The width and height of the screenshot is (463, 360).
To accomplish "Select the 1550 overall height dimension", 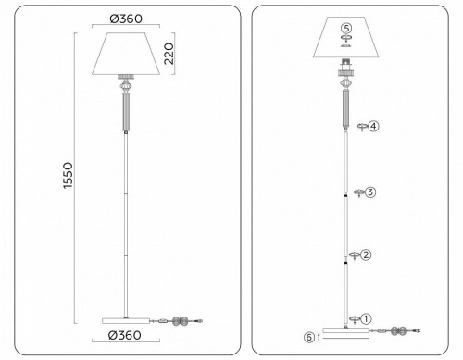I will pyautogui.click(x=70, y=178).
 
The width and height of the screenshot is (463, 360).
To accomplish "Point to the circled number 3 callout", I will pyautogui.click(x=369, y=192).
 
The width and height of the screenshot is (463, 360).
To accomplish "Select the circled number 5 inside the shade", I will pyautogui.click(x=346, y=28).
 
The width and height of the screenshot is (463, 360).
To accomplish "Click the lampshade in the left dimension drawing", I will pyautogui.click(x=126, y=52).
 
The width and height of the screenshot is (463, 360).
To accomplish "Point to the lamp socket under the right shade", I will pyautogui.click(x=346, y=68).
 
